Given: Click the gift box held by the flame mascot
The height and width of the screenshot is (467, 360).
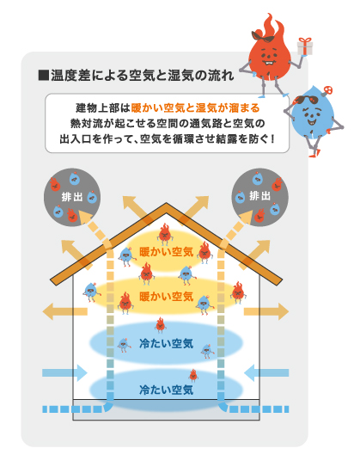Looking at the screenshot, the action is point(305,46).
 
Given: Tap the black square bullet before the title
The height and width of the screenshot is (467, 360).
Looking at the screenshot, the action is point(44,75).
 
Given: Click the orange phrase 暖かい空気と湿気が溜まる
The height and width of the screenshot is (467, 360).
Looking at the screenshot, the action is point(196,108).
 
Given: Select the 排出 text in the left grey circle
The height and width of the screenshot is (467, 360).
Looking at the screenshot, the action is point(71,197).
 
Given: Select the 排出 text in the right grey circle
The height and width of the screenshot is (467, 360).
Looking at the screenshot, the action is point(259,196).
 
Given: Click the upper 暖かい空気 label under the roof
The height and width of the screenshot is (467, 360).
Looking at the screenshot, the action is point(167,252).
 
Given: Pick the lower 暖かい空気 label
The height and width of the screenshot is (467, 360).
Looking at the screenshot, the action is point(167,297).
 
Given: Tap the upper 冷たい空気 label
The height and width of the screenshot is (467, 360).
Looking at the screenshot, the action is point(167,343).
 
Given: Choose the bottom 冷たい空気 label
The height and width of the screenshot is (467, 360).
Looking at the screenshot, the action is point(167,390).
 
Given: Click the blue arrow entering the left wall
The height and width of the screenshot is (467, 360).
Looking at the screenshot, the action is point(64,372).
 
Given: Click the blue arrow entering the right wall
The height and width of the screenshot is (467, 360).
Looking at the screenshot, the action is point(266,372).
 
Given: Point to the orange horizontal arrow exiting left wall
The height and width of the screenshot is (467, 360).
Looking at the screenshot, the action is point(64,311).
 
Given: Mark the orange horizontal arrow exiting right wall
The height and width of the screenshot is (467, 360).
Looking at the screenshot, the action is point(266,311).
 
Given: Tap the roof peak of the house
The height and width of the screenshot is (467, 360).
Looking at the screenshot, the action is point(166,205).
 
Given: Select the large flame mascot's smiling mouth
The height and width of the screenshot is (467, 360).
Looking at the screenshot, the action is point(269,63).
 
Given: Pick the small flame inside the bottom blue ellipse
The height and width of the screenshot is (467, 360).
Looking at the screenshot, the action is point(193,376).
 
